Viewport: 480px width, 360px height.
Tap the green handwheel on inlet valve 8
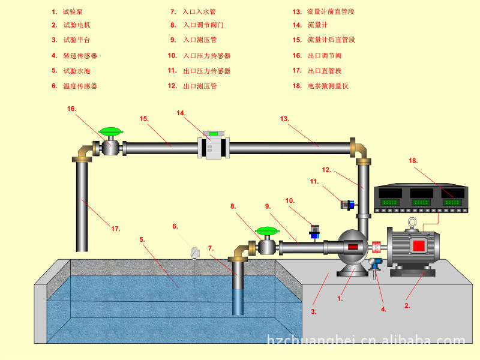[x=265, y=230]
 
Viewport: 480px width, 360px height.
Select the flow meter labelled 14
[x=213, y=145]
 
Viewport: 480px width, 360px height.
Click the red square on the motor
[x=418, y=245]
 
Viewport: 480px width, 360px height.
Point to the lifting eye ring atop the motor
[x=412, y=224]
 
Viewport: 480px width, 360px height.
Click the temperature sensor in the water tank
[x=194, y=253]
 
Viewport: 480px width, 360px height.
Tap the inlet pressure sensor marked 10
[x=314, y=230]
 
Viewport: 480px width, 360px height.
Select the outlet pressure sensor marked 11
[x=346, y=204]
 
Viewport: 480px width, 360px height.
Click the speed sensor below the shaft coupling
[x=376, y=265]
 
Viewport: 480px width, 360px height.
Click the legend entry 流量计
[x=317, y=25]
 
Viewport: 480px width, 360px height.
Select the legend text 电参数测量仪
[x=328, y=86]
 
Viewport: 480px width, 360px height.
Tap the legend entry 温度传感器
[x=80, y=86]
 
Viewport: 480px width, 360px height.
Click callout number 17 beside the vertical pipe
[x=115, y=229]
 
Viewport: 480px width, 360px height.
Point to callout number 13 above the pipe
[x=284, y=119]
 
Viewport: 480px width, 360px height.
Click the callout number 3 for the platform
[x=313, y=311]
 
